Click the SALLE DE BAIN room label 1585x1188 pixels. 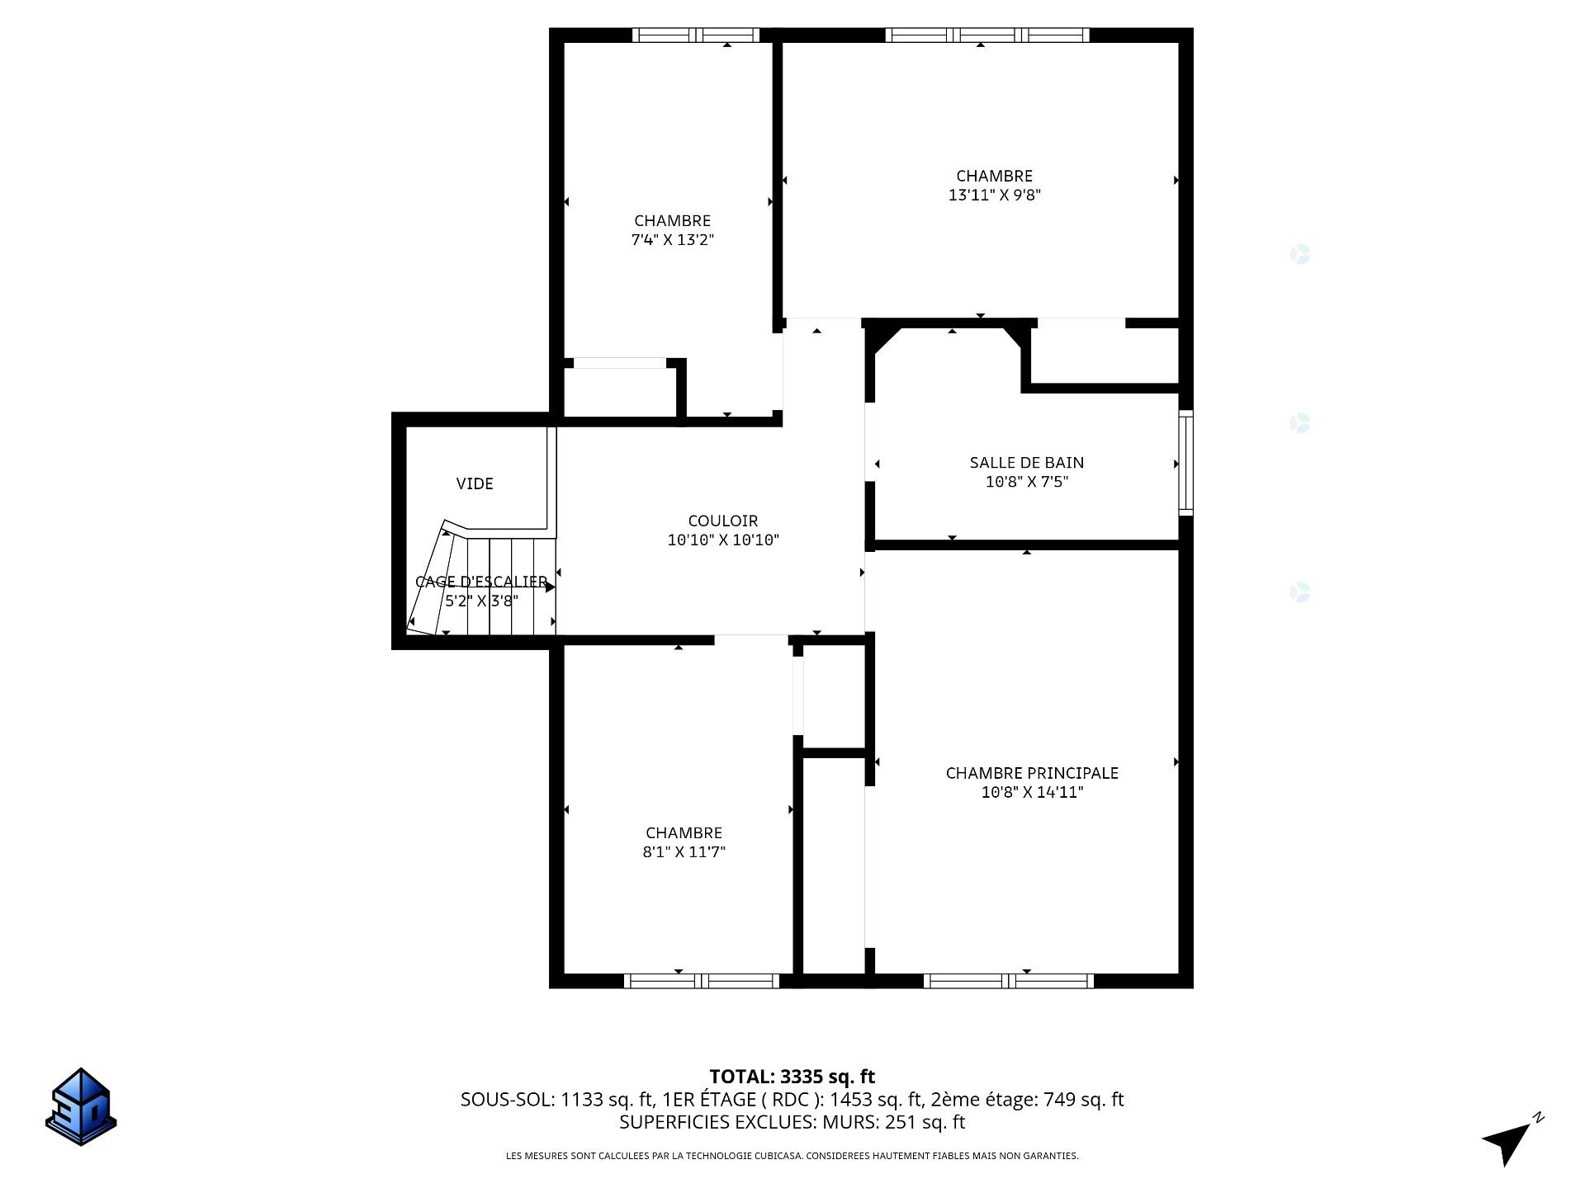click(1027, 463)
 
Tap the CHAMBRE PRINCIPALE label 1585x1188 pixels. click(1032, 773)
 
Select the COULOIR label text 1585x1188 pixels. click(723, 521)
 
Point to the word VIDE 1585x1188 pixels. click(475, 483)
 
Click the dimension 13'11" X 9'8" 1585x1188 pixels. click(995, 196)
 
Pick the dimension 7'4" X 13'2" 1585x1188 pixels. click(673, 240)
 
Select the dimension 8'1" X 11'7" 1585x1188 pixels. click(684, 852)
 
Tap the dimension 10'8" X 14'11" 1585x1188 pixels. click(1032, 793)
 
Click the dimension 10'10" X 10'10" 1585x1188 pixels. click(723, 540)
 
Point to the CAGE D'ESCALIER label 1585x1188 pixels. click(481, 582)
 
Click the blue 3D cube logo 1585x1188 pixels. click(81, 1107)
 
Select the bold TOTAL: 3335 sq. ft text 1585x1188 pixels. click(792, 1077)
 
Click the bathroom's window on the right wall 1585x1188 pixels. click(1186, 462)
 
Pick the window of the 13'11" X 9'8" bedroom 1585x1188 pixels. click(987, 35)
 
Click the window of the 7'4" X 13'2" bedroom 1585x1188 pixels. click(696, 35)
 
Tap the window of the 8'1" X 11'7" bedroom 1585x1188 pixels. click(702, 981)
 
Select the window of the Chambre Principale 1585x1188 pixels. click(1009, 981)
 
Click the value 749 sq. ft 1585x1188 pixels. click(1084, 1100)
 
